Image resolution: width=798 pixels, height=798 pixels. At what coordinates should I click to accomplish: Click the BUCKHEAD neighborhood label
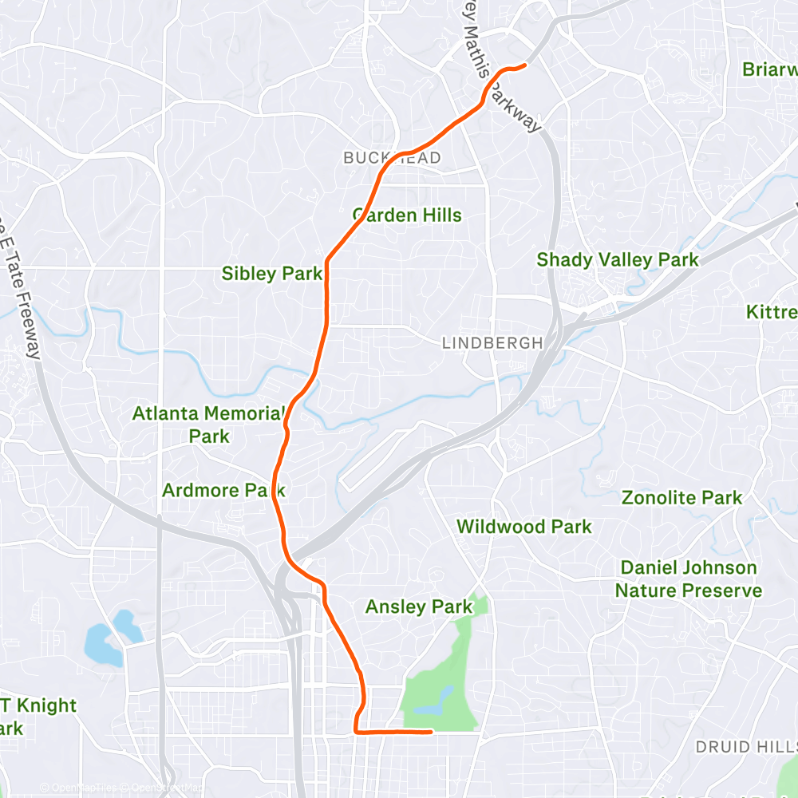pos(392,158)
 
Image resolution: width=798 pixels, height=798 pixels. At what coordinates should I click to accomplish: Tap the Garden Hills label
pos(407,215)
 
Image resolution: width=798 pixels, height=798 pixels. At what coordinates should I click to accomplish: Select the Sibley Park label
pos(272,274)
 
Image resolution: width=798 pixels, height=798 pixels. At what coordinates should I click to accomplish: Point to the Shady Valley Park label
pos(617,259)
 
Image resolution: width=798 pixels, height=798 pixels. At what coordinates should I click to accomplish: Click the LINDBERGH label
pos(492,343)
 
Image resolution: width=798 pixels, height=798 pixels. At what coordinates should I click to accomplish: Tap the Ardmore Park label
pos(223,490)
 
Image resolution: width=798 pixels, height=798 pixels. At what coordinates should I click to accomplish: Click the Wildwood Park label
pos(523,526)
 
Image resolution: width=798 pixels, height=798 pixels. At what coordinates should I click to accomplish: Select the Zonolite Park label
pos(681,498)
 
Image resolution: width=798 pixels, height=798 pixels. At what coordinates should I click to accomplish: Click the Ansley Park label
pos(419,607)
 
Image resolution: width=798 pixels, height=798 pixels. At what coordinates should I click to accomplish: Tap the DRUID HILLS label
pos(745,747)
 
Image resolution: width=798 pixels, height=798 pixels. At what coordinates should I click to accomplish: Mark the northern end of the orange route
pos(525,65)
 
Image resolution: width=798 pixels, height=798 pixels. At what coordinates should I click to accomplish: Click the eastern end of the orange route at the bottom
pos(431,730)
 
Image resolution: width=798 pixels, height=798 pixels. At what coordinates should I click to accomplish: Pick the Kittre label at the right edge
pos(772,312)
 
